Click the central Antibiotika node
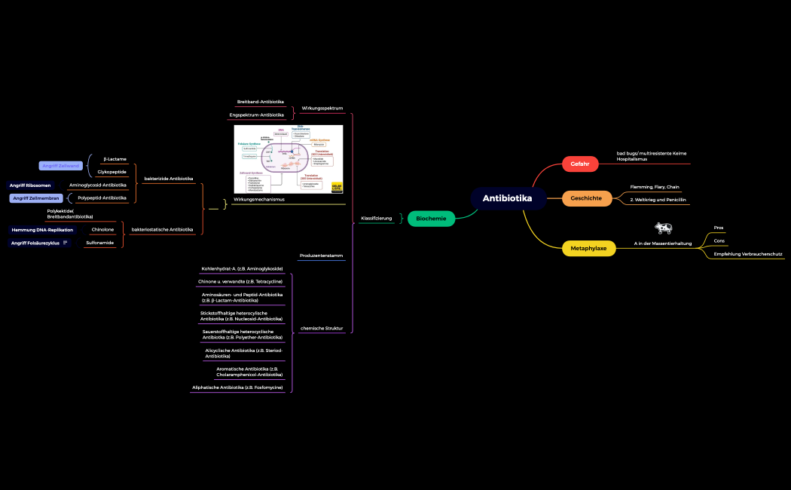tap(507, 198)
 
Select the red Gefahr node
tap(579, 164)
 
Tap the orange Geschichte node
tap(585, 198)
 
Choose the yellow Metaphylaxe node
tap(588, 248)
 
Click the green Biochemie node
tap(431, 219)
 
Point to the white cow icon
tap(663, 228)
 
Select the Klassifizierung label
tap(377, 218)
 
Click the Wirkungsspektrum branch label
tap(322, 108)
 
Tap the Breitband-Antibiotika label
tap(261, 101)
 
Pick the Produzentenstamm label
tap(321, 256)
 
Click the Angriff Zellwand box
tap(61, 165)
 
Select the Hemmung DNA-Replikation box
tap(42, 229)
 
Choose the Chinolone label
tap(102, 229)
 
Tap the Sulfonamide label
tap(99, 243)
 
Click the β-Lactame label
tap(115, 159)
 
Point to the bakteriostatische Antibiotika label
tap(162, 229)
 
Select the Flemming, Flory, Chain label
tap(655, 187)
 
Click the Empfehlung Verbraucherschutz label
tap(748, 254)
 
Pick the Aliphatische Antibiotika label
tap(237, 387)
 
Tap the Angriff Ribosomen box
tap(30, 185)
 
